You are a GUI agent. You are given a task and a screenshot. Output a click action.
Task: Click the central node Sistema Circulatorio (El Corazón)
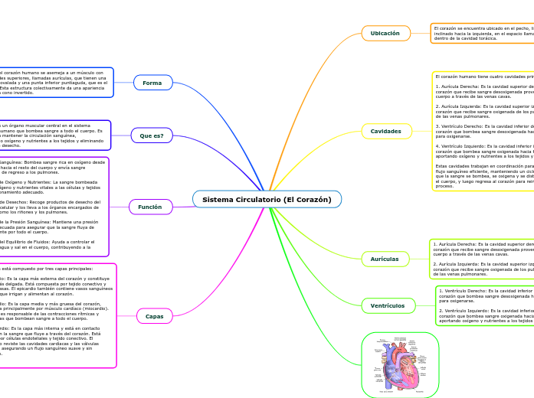(267, 200)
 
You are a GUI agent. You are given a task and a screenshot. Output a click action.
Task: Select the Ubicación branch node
(385, 34)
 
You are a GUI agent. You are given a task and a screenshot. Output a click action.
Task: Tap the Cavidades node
(386, 131)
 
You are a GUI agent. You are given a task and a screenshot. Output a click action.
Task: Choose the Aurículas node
(385, 259)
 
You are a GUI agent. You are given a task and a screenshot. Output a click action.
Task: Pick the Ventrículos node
(388, 305)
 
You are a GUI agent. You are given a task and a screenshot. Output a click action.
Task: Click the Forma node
(152, 83)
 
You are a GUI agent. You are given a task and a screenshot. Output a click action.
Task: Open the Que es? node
(152, 135)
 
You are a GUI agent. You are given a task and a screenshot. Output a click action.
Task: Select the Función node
(150, 207)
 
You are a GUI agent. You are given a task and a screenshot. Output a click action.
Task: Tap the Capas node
(154, 315)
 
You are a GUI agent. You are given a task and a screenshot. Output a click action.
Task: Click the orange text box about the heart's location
(481, 33)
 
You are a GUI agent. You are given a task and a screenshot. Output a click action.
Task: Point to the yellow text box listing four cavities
(483, 131)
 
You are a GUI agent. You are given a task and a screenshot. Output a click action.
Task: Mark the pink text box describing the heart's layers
(57, 315)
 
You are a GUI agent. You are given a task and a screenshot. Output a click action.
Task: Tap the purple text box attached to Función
(54, 207)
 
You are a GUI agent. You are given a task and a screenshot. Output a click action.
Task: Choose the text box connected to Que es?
(54, 135)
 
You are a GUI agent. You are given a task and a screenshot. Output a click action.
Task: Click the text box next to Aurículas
(481, 259)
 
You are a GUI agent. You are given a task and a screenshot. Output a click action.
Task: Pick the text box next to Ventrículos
(484, 305)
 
